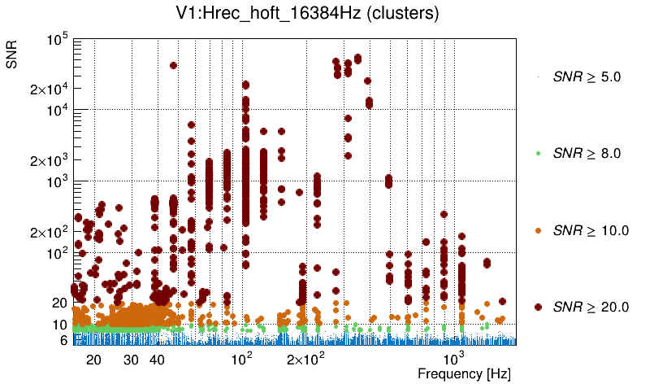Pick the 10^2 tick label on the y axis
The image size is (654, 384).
(58, 254)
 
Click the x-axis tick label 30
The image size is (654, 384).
(131, 360)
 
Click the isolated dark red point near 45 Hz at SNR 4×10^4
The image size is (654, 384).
(173, 66)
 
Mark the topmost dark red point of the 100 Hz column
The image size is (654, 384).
(245, 85)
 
